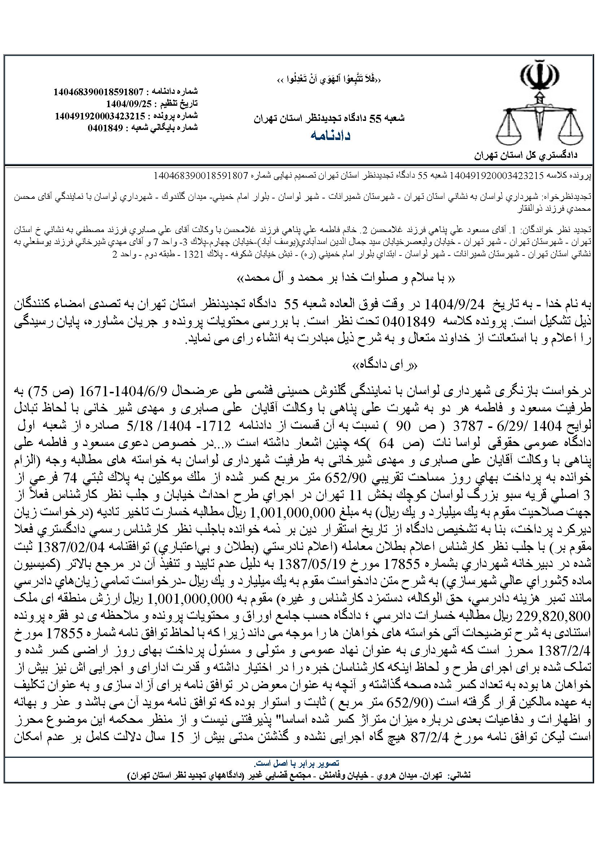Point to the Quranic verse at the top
coord(329,80)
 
